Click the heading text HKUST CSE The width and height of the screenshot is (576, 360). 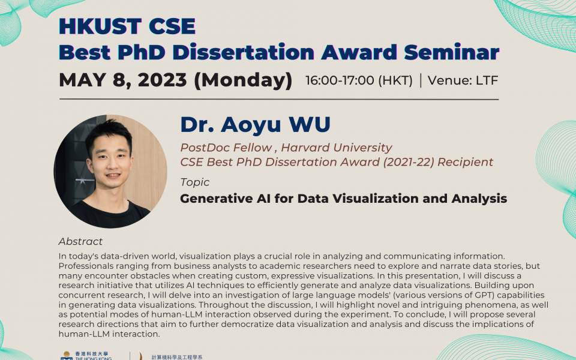(127, 26)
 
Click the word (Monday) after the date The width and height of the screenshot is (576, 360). (242, 80)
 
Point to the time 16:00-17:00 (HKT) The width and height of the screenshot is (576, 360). (359, 80)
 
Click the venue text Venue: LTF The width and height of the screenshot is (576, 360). (463, 80)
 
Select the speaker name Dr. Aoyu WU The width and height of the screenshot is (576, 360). (255, 124)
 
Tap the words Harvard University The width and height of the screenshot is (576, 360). (337, 148)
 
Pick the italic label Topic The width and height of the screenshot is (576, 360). (195, 182)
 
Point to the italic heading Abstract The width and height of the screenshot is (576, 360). (80, 241)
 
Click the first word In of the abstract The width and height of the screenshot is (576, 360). (63, 256)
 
